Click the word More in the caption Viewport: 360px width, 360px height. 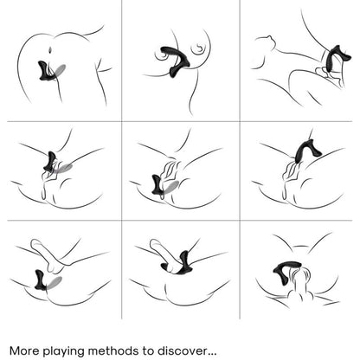24,350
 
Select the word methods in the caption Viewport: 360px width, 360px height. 113,350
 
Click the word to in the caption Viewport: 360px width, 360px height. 148,351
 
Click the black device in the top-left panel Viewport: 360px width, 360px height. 45,71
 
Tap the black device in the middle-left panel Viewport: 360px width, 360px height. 51,162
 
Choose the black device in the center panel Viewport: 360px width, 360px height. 157,184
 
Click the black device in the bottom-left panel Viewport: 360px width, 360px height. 40,280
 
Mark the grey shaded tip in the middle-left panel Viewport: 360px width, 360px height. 63,169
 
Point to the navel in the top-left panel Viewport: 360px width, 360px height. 51,49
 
